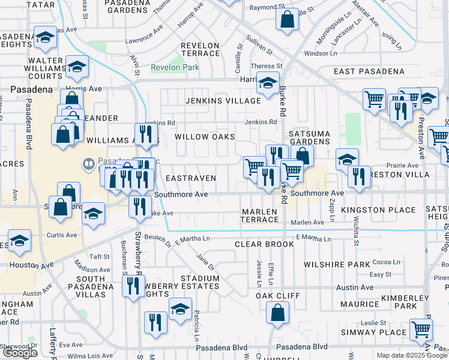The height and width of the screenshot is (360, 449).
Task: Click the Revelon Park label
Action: pos(175,68)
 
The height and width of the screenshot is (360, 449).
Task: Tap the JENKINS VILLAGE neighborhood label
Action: pos(223,101)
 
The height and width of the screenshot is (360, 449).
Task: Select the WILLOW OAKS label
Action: pos(204,137)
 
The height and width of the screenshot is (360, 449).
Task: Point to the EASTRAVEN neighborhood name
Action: pos(190,178)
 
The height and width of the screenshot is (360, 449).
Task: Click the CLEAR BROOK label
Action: pos(264,244)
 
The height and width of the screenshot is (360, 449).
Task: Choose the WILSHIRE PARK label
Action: pos(337,264)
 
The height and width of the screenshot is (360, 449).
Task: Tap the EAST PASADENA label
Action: pos(369,71)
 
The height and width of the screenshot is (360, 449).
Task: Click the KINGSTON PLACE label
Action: pos(378,210)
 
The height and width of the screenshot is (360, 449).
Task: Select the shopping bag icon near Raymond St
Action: pos(288,19)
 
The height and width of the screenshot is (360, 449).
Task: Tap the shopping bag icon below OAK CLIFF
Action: pos(277,313)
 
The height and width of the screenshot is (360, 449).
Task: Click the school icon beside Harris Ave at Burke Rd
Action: pos(268,83)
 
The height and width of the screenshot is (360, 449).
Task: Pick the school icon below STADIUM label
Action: pos(180,309)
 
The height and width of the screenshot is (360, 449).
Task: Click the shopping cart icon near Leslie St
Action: pos(421,329)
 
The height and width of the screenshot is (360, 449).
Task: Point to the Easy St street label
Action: pos(380,275)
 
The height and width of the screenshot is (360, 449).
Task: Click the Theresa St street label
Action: pos(267,66)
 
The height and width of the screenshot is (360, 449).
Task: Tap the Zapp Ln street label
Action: pos(331,215)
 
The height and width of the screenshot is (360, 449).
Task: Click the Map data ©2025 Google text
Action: pos(412,355)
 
